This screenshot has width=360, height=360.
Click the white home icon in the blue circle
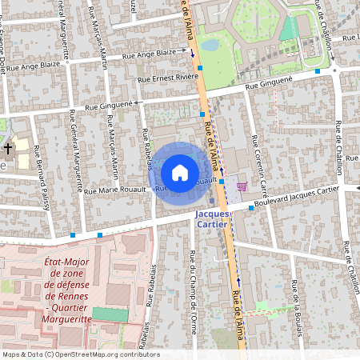point(179,171)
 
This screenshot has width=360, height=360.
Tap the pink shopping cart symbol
point(242,186)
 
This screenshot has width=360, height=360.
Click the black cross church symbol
point(8,149)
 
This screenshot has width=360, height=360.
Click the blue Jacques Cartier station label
point(213,219)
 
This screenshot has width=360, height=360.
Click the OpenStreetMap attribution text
point(81,354)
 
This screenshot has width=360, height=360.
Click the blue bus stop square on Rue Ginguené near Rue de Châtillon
point(318,71)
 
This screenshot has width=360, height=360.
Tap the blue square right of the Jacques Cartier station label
point(251,208)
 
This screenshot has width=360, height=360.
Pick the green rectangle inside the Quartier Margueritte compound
point(110,314)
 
